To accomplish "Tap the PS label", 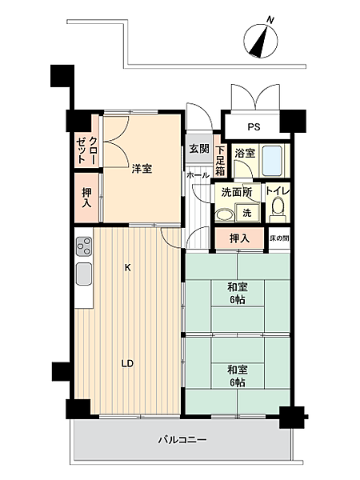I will tap(253, 126).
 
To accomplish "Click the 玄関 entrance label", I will tap(198, 149).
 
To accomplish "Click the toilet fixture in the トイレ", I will tap(277, 207).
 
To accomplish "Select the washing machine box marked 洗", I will tap(246, 213).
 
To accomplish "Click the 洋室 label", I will tap(142, 168).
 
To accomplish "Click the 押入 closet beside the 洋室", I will tap(86, 197).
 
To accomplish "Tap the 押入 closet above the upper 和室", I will tap(239, 238).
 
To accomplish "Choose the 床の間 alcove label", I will tap(279, 238).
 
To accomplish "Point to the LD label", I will tap(126, 363).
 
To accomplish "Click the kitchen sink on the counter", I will tap(84, 277).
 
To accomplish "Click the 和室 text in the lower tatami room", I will tap(236, 370).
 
